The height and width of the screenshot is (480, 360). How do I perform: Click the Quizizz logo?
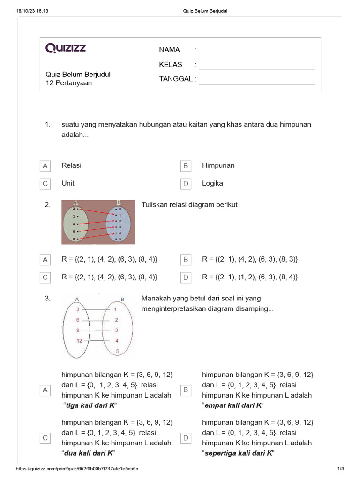click(66, 48)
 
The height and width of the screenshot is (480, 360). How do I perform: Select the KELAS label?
click(171, 65)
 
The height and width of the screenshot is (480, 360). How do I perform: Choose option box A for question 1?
click(45, 166)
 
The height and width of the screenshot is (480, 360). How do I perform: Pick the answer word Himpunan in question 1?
click(218, 165)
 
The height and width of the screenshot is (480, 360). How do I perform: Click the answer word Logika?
click(212, 183)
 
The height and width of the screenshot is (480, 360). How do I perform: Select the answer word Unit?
click(68, 183)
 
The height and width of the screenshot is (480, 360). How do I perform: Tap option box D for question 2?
click(186, 277)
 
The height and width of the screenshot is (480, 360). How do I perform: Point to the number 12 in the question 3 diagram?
click(79, 341)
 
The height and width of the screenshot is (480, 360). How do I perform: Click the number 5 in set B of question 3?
click(117, 351)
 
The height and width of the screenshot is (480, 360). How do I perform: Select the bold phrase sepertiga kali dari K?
click(238, 453)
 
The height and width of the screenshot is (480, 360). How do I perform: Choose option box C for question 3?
click(45, 438)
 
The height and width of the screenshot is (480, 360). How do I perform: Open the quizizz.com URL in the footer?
click(77, 469)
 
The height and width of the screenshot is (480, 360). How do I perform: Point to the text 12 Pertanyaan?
click(68, 83)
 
